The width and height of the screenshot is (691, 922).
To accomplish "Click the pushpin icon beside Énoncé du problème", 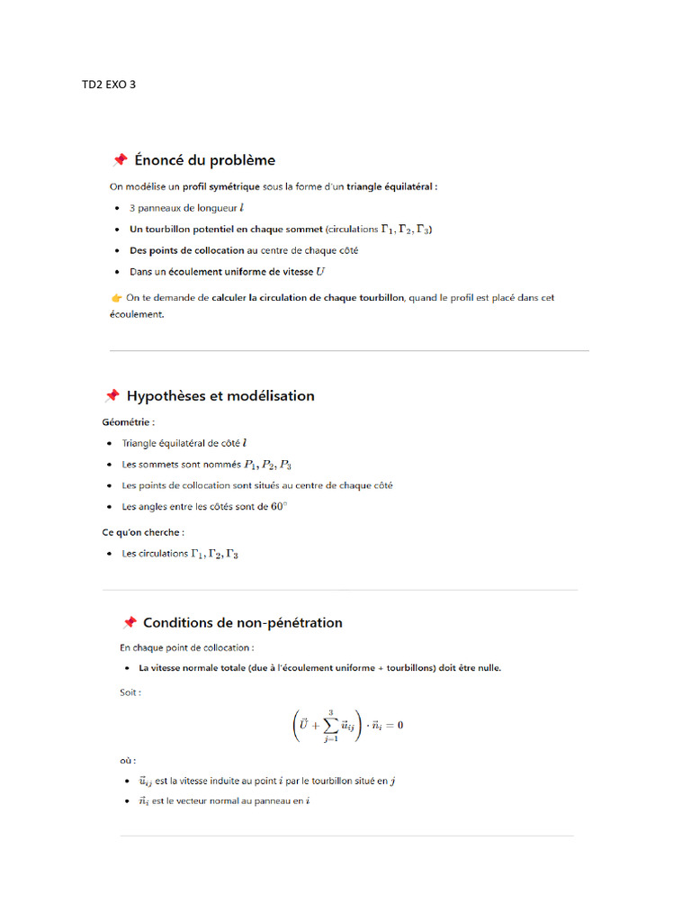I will click(119, 160).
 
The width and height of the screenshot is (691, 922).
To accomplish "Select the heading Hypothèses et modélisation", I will click(220, 396).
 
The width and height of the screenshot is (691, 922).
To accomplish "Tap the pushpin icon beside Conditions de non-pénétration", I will click(130, 622).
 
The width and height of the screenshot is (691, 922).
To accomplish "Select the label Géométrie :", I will click(128, 420).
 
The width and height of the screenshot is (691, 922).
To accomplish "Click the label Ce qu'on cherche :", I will click(143, 532).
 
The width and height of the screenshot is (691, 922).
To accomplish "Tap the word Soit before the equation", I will click(130, 692).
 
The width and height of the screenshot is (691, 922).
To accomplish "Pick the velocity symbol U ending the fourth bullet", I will click(320, 271).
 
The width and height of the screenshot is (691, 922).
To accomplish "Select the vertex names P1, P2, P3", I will click(267, 465).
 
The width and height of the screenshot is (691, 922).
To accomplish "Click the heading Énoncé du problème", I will click(204, 160).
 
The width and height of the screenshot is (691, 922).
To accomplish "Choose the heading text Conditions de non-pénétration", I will click(242, 622).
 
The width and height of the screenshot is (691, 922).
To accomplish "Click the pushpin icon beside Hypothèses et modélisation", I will click(112, 396).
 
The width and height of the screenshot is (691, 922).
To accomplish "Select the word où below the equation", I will click(130, 760).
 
